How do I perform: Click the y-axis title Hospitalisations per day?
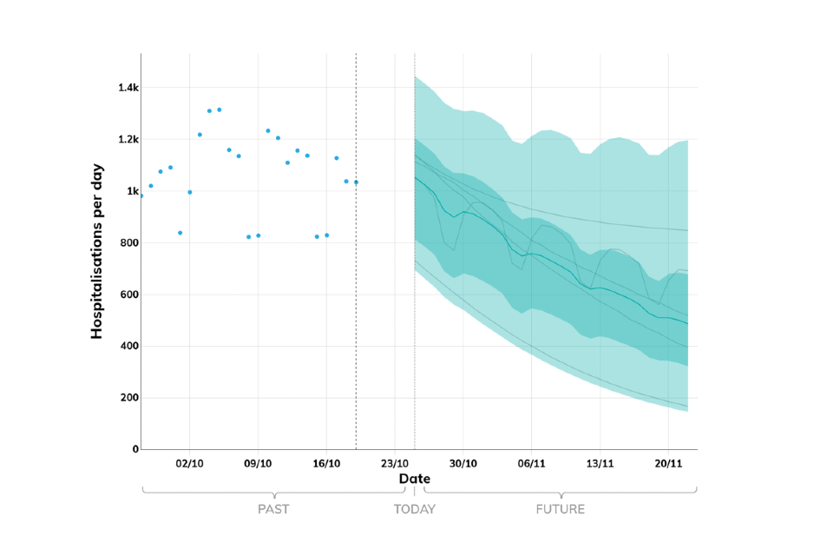click(x=97, y=250)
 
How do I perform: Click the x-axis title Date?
click(x=415, y=479)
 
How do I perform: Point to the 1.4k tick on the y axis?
click(x=122, y=88)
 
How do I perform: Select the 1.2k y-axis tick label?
click(x=122, y=140)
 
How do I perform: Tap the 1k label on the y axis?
click(x=127, y=191)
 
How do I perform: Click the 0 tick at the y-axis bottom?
click(x=132, y=450)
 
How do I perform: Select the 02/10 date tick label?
click(x=189, y=464)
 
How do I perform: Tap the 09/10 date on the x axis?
click(x=258, y=464)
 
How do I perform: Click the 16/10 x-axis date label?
click(x=326, y=464)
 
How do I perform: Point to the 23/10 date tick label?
click(x=395, y=464)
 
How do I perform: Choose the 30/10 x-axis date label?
click(x=463, y=464)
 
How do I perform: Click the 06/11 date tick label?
click(x=531, y=464)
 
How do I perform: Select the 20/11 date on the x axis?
click(x=668, y=464)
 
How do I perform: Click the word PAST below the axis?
click(x=273, y=509)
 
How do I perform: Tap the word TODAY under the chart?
click(x=415, y=509)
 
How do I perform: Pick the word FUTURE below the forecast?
click(x=560, y=509)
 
